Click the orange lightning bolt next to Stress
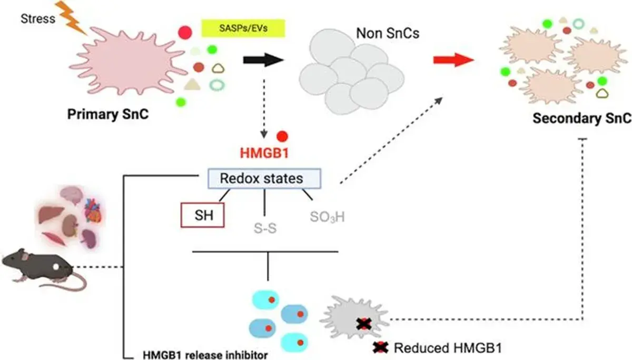[x=71, y=17]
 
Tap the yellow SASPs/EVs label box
[x=243, y=28]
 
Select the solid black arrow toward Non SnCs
[x=263, y=60]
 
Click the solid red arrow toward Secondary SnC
[x=453, y=60]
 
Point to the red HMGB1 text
[x=264, y=153]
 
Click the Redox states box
[x=264, y=178]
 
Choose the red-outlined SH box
[x=203, y=215]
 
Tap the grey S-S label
[x=265, y=228]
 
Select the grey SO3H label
[x=327, y=217]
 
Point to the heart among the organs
[x=93, y=211]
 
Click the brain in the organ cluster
[x=72, y=195]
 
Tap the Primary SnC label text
[x=108, y=114]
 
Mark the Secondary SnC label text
[x=582, y=118]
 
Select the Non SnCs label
[x=388, y=33]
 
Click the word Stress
[x=38, y=18]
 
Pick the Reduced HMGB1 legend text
[x=448, y=348]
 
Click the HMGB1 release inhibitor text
[x=205, y=355]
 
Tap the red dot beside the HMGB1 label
[x=282, y=136]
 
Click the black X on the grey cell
[x=364, y=324]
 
